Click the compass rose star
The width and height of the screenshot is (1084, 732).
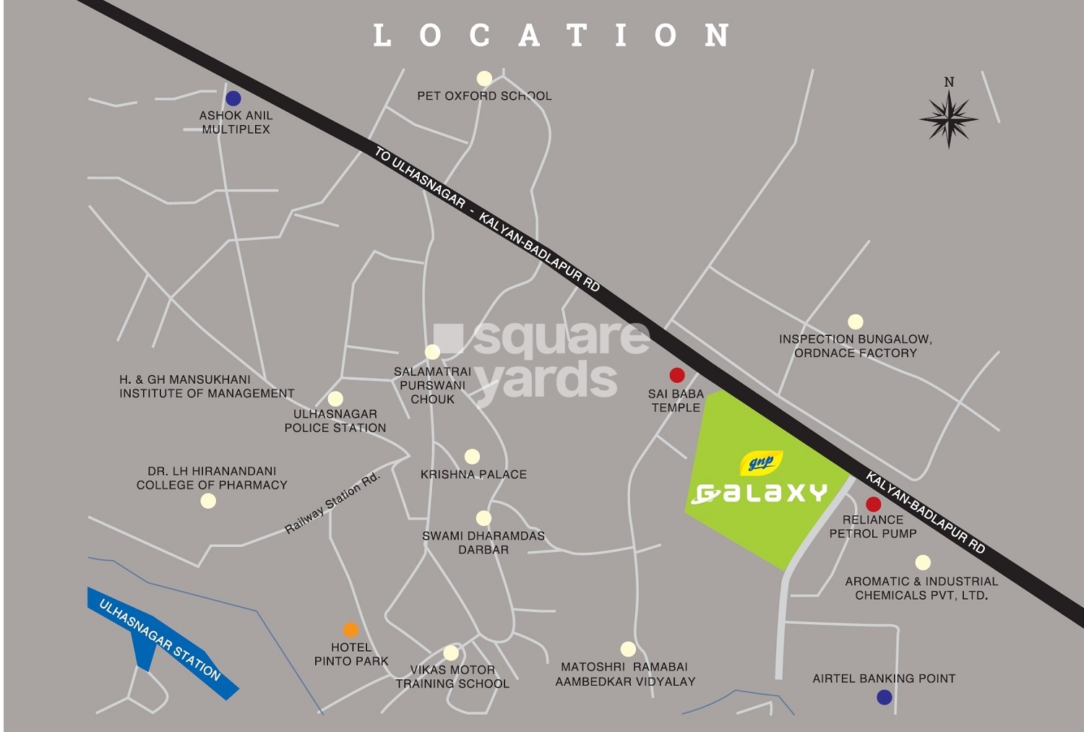949,118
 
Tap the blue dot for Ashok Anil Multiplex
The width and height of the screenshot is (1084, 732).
233,98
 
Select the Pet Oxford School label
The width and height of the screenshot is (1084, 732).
484,95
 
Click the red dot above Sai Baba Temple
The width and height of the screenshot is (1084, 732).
676,375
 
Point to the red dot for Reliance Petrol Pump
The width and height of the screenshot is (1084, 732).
873,504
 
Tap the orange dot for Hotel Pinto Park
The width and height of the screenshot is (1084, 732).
350,629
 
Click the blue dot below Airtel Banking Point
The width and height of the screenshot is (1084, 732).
884,697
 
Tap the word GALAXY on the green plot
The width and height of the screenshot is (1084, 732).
760,494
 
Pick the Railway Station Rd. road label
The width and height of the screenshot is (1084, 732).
332,504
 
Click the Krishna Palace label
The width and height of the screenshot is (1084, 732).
473,475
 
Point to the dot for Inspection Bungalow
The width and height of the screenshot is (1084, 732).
856,322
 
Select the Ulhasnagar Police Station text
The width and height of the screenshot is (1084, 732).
335,421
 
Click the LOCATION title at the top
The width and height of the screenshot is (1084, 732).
551,35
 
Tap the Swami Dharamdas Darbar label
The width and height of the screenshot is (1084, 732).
483,543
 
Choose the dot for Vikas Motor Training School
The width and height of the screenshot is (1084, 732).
451,653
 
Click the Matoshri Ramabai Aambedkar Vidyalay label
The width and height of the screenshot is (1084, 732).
625,674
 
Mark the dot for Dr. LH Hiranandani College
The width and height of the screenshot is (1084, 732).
208,501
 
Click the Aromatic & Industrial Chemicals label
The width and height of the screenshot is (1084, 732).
921,588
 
